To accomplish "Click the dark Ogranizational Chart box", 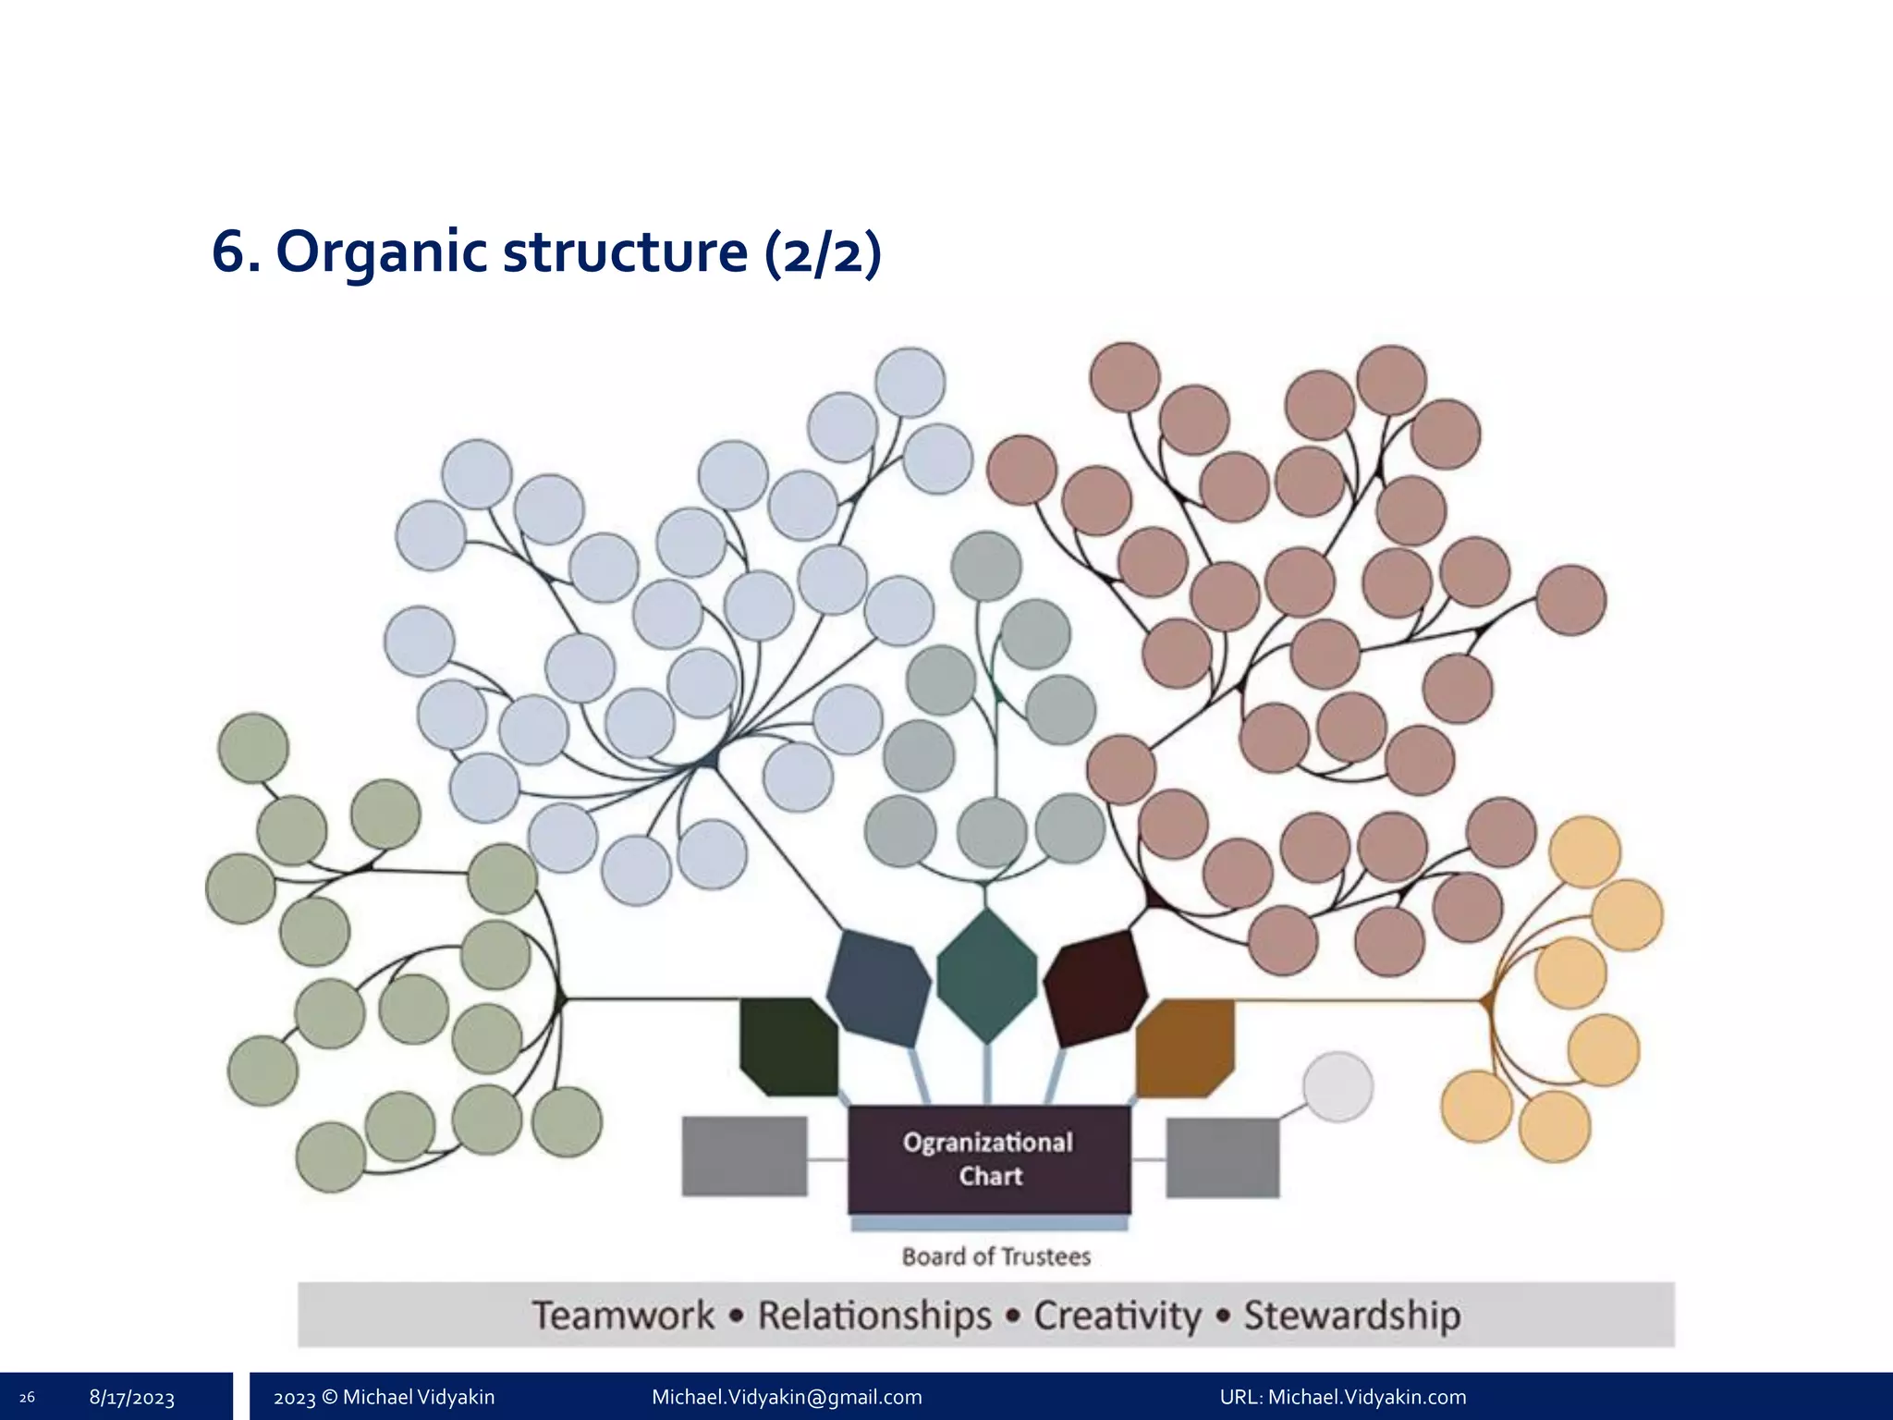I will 989,1158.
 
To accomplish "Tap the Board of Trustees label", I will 996,1256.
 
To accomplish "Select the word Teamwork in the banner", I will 623,1315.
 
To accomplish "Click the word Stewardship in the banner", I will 1351,1315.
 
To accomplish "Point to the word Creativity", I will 1117,1315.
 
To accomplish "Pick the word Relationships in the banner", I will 874,1315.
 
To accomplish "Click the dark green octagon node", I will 788,1046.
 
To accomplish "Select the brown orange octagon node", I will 1185,1047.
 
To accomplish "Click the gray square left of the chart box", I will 744,1156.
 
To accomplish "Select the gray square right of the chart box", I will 1222,1157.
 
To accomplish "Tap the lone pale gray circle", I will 1337,1086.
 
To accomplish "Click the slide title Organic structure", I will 546,251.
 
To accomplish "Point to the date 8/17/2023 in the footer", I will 132,1397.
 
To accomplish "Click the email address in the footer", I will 787,1397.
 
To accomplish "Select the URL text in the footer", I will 1342,1397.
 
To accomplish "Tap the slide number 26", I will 27,1397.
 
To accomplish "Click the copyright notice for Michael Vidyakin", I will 384,1397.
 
